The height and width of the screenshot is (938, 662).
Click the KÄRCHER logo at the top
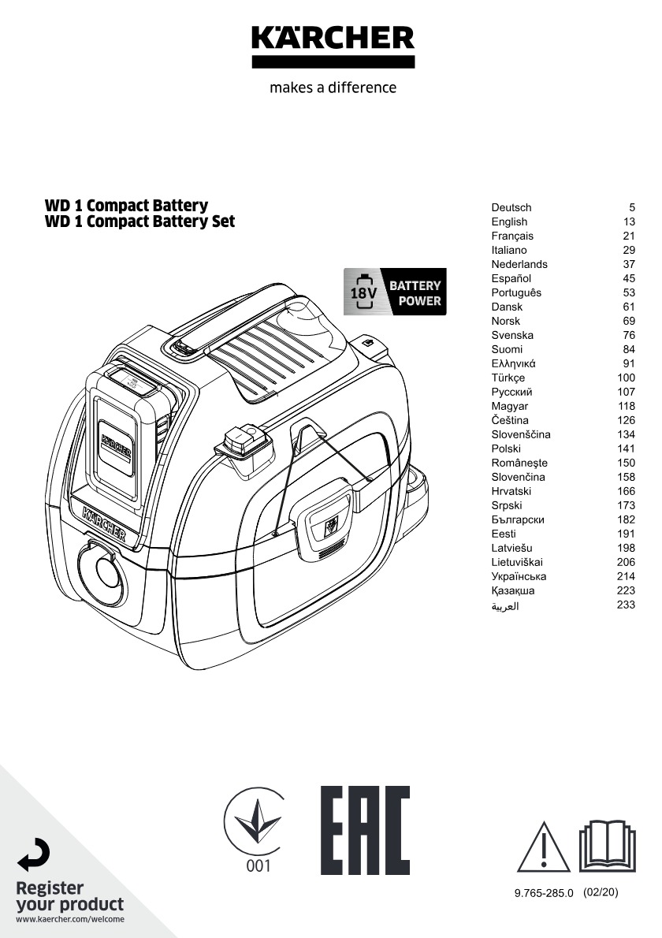pyautogui.click(x=333, y=47)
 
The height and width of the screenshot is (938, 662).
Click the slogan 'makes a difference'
pyautogui.click(x=333, y=87)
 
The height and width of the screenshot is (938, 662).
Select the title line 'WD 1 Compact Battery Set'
pyautogui.click(x=140, y=221)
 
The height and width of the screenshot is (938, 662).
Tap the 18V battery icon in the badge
pyautogui.click(x=363, y=292)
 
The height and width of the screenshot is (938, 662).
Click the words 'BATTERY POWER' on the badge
pyautogui.click(x=415, y=293)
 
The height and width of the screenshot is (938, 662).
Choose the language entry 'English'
pyautogui.click(x=510, y=221)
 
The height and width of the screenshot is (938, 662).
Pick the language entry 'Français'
pyautogui.click(x=512, y=236)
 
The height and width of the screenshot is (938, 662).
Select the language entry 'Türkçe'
pyautogui.click(x=508, y=378)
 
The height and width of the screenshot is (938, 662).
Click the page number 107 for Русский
pyautogui.click(x=626, y=392)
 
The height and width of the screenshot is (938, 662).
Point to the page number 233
pyautogui.click(x=626, y=605)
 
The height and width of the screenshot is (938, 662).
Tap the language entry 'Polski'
pyautogui.click(x=506, y=449)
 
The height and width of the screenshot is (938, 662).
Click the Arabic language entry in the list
pyautogui.click(x=505, y=606)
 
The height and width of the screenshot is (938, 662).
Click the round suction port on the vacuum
pyautogui.click(x=102, y=573)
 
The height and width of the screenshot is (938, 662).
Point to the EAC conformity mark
pyautogui.click(x=366, y=830)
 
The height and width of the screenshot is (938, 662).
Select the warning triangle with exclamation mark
pyautogui.click(x=544, y=847)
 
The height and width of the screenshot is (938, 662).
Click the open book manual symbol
pyautogui.click(x=608, y=845)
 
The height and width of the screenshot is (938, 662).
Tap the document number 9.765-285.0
pyautogui.click(x=544, y=893)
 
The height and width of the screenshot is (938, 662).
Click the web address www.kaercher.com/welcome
pyautogui.click(x=70, y=919)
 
